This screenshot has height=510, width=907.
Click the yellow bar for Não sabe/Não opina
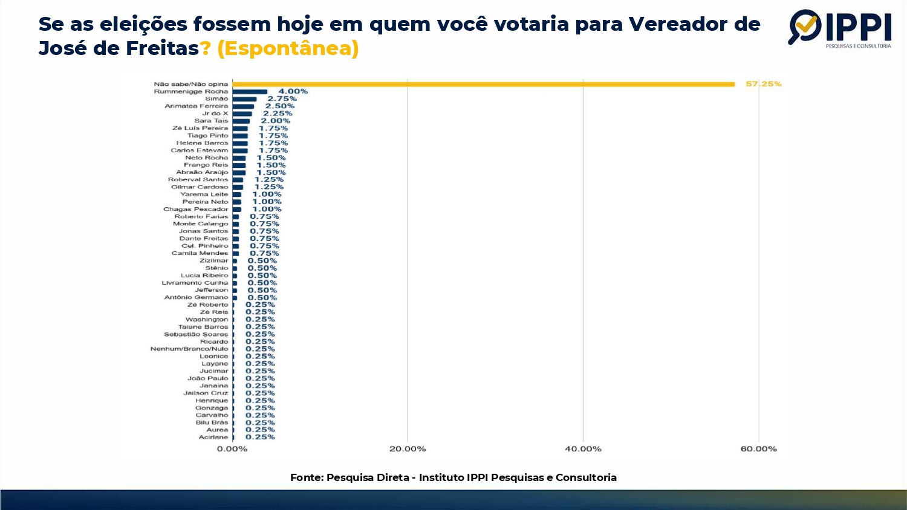pyautogui.click(x=484, y=84)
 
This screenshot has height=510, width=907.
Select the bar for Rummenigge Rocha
pyautogui.click(x=250, y=92)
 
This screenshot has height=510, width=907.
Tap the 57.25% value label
pyautogui.click(x=763, y=84)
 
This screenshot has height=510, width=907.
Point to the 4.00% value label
pyautogui.click(x=293, y=92)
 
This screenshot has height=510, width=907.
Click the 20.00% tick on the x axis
pyautogui.click(x=408, y=449)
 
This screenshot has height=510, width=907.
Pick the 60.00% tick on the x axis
pyautogui.click(x=758, y=449)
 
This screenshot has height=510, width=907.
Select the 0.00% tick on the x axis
pyautogui.click(x=232, y=449)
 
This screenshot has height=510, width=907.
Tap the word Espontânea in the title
pyautogui.click(x=288, y=48)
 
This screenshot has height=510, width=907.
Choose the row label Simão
pyautogui.click(x=216, y=99)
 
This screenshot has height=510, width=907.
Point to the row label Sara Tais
pyautogui.click(x=211, y=121)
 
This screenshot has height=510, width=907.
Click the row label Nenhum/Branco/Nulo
pyautogui.click(x=189, y=349)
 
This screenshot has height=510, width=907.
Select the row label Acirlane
pyautogui.click(x=213, y=437)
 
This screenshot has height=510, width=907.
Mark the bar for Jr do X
pyautogui.click(x=242, y=114)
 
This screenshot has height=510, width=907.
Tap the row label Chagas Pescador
pyautogui.click(x=195, y=209)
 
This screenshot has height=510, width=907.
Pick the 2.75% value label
pyautogui.click(x=282, y=99)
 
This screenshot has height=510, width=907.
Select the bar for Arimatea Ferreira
pyautogui.click(x=243, y=106)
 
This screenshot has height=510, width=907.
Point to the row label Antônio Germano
pyautogui.click(x=196, y=297)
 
